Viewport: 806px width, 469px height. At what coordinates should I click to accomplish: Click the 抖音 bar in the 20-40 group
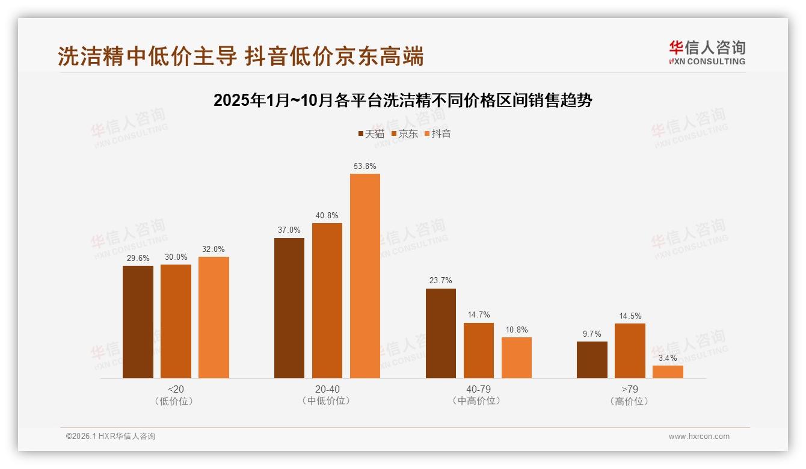(x=365, y=276)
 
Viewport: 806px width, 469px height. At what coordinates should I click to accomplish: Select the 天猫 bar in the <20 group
(x=138, y=322)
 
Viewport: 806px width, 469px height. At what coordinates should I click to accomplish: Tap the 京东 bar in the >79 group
(x=630, y=351)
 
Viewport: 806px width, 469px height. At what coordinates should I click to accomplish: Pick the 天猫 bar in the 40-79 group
(x=441, y=333)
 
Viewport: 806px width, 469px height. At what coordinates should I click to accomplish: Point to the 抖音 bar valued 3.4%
(x=668, y=372)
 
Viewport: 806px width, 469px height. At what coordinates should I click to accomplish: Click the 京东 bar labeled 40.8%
(x=327, y=301)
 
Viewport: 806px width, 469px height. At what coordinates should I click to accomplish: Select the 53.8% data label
(x=365, y=166)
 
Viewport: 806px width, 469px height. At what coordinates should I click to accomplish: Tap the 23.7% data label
(x=441, y=281)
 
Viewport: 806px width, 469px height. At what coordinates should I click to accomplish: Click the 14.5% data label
(x=630, y=316)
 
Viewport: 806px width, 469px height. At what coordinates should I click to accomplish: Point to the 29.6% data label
(x=138, y=258)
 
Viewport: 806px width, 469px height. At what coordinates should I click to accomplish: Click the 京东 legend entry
(x=404, y=134)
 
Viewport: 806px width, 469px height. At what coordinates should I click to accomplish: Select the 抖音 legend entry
(x=437, y=134)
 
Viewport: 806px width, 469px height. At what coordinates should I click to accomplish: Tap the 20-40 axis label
(x=327, y=389)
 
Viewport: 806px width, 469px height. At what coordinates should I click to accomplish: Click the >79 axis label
(x=630, y=389)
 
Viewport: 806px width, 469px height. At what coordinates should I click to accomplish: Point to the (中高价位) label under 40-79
(x=478, y=401)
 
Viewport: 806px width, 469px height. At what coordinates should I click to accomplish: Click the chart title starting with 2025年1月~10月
(x=402, y=100)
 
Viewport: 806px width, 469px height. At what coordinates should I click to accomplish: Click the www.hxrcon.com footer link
(x=699, y=437)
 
